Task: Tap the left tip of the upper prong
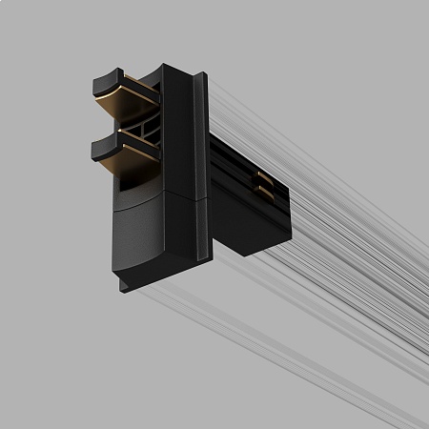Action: click(96, 82)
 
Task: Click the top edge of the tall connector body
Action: click(181, 67)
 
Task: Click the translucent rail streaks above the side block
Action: click(286, 124)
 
